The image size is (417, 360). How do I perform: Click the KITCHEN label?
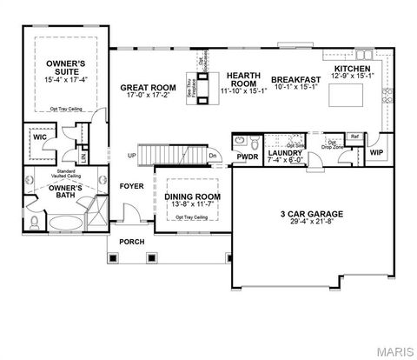tap(353, 69)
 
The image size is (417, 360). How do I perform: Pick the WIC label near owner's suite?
tap(40, 137)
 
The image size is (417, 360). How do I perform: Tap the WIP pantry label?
tap(376, 152)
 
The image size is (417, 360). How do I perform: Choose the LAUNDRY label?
tap(284, 153)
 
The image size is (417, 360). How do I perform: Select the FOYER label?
tap(131, 185)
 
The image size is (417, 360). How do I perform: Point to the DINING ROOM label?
tap(192, 197)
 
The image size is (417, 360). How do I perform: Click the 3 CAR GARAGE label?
tap(312, 213)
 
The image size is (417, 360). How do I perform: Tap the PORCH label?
tap(131, 242)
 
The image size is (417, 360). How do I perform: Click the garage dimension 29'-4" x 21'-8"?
tap(312, 223)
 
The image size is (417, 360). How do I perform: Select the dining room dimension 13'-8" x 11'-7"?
tap(192, 204)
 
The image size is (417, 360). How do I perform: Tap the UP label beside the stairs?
tap(132, 157)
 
